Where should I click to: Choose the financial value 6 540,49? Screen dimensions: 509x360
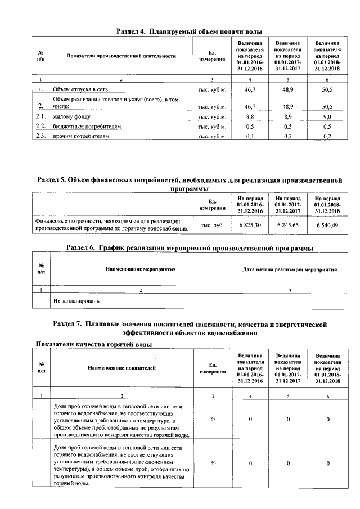pos(327,225)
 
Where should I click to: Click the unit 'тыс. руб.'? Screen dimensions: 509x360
pos(213,225)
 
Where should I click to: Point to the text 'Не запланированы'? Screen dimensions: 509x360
pos(77,301)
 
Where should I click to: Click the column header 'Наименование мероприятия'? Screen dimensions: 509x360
pos(141,269)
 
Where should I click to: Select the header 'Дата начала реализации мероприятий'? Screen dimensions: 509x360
pos(290,269)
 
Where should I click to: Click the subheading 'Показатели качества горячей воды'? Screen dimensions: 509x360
pos(94,344)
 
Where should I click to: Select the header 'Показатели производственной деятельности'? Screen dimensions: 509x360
pos(121,56)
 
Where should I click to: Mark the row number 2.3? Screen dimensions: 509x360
pos(40,136)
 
